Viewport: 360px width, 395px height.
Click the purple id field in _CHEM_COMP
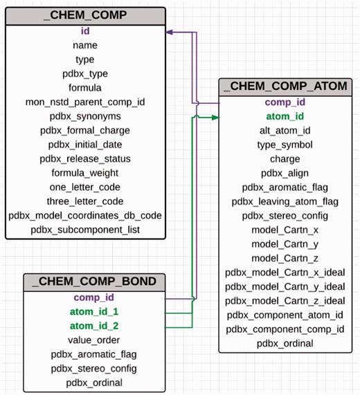[84, 31]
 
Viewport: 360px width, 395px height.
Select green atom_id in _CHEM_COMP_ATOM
[285, 116]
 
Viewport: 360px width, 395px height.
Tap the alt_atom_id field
[285, 131]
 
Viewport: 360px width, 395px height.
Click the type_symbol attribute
[285, 145]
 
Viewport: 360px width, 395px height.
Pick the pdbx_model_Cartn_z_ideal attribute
[285, 300]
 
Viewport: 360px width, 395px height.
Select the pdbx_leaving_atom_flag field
[285, 201]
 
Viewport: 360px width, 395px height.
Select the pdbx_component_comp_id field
[285, 329]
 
